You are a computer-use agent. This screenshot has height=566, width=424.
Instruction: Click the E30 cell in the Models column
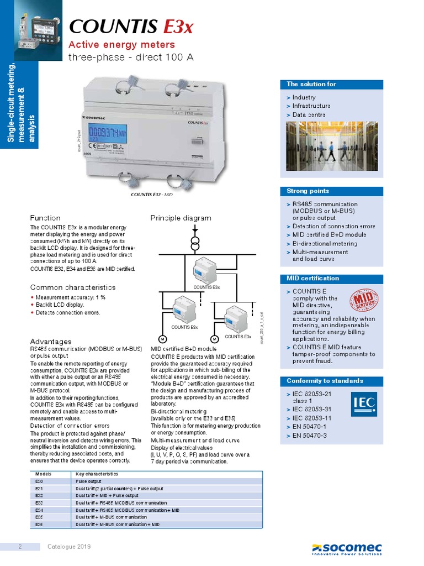(x=39, y=481)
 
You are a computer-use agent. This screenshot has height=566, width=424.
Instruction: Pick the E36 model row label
(x=39, y=523)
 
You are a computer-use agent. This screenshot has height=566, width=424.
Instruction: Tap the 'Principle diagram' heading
(x=181, y=218)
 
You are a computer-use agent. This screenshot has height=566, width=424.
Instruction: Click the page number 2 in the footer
(x=20, y=547)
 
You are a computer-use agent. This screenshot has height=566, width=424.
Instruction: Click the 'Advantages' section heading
(x=50, y=342)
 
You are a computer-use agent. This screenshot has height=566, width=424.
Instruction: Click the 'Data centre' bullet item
(x=309, y=114)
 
